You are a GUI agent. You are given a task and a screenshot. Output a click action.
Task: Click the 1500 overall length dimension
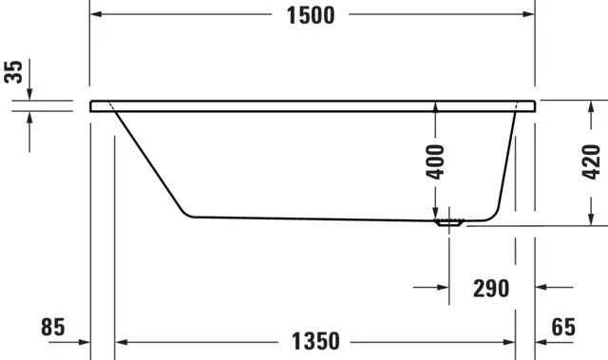tap(310, 15)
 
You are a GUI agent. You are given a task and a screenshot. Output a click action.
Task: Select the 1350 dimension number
tap(313, 340)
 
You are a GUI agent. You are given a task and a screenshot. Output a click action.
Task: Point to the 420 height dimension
tap(591, 162)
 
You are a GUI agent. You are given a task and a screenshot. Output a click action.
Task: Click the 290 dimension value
tap(491, 288)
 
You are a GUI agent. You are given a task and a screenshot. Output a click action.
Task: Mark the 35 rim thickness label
tap(13, 72)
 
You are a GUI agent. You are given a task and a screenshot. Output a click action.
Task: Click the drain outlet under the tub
tap(448, 224)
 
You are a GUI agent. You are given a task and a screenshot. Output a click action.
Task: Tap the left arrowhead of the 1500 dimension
tap(97, 15)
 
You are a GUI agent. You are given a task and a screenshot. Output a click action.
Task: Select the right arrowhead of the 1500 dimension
tap(528, 15)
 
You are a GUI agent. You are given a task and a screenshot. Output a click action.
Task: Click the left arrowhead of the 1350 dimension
tap(121, 340)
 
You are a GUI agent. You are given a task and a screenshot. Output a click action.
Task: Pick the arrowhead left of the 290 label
tap(444, 287)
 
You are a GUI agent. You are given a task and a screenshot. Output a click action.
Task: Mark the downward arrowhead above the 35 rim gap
tap(29, 94)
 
